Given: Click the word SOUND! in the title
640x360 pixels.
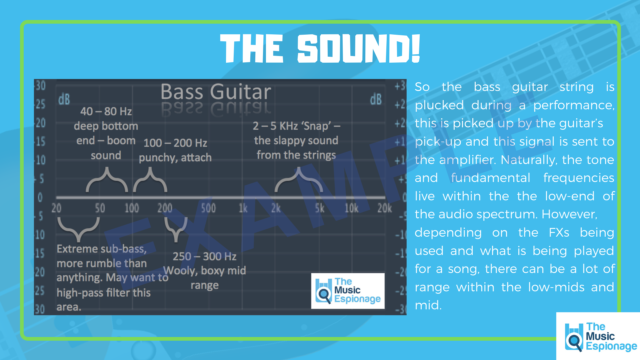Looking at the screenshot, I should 358,49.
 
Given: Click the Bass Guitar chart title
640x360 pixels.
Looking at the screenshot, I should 216,92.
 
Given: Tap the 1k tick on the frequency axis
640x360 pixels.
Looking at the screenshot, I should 243,208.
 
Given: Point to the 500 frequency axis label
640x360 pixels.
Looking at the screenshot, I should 208,208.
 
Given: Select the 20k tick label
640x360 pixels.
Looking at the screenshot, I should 384,208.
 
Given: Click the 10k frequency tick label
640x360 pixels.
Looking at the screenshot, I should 351,208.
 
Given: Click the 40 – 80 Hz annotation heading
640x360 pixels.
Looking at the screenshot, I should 106,111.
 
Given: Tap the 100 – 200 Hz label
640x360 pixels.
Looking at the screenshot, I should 175,143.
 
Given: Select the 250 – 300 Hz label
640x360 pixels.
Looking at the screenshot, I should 204,256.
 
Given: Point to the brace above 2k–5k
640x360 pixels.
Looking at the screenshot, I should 299,180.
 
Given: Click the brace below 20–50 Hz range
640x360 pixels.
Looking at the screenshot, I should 79,228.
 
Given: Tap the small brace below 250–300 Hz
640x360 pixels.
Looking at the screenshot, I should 176,228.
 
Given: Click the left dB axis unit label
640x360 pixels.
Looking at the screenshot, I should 64,99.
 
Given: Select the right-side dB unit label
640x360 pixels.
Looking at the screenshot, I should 376,99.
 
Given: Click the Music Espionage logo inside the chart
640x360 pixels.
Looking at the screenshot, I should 348,291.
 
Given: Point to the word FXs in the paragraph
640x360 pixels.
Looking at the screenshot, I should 559,233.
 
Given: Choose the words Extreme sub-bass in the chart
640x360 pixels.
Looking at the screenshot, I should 101,249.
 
